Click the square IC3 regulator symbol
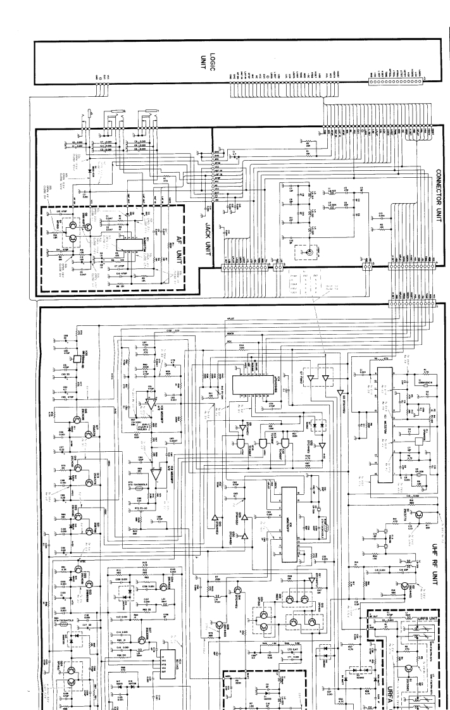point(75,359)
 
